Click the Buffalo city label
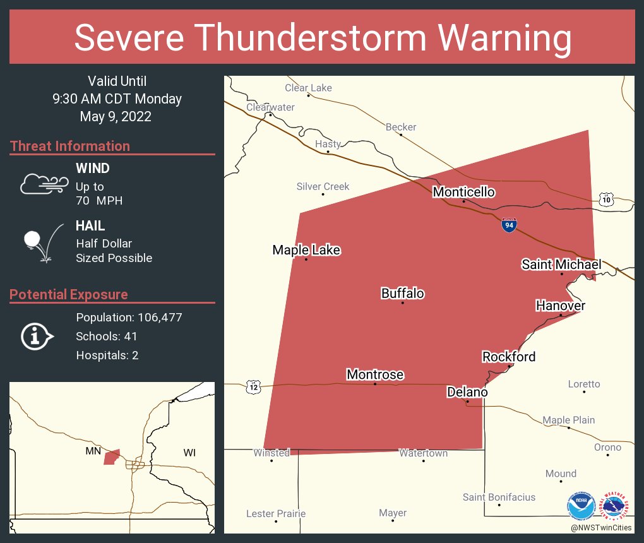[402, 294]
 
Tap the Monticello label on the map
[463, 192]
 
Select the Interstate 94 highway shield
[508, 224]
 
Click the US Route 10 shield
[606, 200]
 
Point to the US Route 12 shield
[253, 386]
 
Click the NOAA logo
[581, 506]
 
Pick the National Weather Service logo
[617, 505]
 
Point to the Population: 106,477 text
[129, 318]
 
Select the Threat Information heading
[70, 146]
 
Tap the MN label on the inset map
[93, 451]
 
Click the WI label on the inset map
[189, 453]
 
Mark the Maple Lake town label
[306, 250]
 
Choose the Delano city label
[467, 392]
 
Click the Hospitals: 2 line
[107, 355]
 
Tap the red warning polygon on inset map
[112, 457]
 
